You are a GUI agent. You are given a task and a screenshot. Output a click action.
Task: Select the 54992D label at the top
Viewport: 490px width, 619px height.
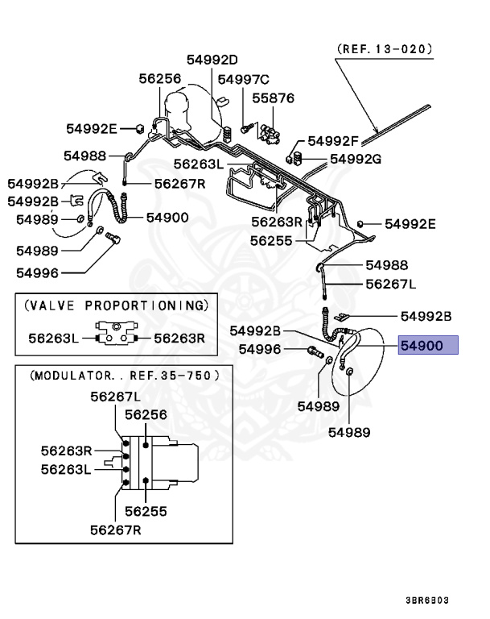click(213, 60)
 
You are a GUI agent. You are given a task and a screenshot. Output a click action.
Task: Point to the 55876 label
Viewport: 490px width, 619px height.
click(274, 98)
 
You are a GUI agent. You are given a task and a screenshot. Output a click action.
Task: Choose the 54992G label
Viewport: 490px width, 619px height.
click(355, 159)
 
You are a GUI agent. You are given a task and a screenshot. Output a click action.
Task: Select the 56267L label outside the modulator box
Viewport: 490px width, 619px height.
click(391, 284)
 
